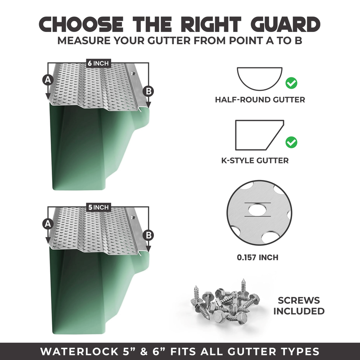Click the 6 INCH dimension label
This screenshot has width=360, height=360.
click(x=99, y=63)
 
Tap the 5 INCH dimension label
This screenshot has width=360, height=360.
click(x=99, y=207)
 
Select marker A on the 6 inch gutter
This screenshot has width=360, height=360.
click(x=47, y=80)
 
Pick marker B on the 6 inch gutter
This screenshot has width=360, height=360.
click(x=149, y=91)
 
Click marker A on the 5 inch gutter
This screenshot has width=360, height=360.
click(x=47, y=223)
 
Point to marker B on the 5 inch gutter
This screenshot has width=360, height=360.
click(x=149, y=234)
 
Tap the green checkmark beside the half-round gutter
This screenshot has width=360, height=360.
click(x=292, y=83)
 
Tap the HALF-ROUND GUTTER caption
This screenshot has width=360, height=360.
click(x=260, y=99)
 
